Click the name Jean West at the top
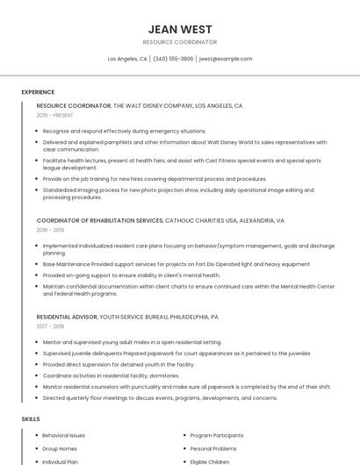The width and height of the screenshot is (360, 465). coord(179,29)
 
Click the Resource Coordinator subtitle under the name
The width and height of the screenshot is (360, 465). coord(179,42)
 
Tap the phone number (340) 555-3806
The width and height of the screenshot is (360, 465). coord(173,59)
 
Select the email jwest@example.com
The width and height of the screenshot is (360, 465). coord(226,59)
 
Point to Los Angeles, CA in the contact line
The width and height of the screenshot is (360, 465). coord(127,59)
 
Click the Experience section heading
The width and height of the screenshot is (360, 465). coord(38,92)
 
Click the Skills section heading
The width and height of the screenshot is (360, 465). coord(31,419)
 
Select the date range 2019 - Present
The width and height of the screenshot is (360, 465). coord(54,115)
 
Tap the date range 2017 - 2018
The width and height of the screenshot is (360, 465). coord(55,325)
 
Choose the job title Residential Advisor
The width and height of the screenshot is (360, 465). coord(67,316)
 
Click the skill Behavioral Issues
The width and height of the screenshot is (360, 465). coord(64,435)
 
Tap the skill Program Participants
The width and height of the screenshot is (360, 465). coord(216,435)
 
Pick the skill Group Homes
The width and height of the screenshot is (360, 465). coord(60,448)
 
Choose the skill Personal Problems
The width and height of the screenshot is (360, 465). coord(213,448)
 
